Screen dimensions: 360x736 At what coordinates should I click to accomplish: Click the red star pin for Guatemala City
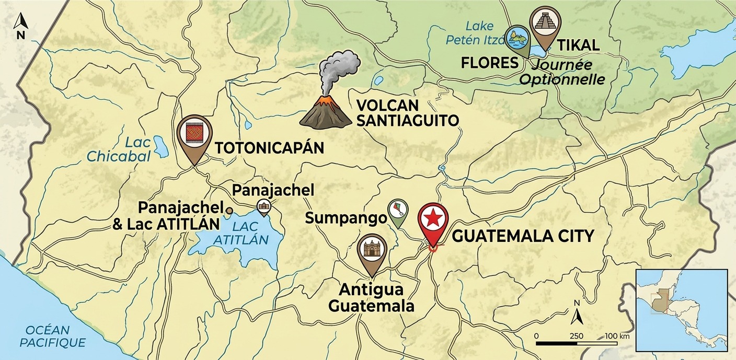[x=433, y=220]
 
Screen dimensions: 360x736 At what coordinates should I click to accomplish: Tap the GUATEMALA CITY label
[x=523, y=236]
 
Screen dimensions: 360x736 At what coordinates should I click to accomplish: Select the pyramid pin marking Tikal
[x=544, y=25]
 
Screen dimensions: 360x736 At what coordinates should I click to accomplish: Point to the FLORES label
[x=489, y=63]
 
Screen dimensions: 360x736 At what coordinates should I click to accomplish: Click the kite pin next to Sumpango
[x=398, y=212]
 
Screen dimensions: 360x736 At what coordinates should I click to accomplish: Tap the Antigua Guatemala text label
[x=371, y=297]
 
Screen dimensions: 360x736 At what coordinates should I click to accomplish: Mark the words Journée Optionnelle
[x=562, y=73]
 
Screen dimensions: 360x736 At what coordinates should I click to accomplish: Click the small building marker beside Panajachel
[x=263, y=207]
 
